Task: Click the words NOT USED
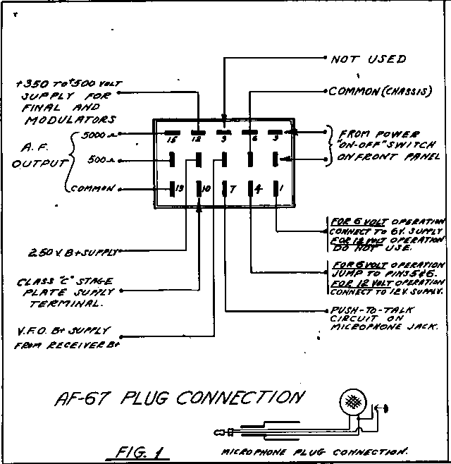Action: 369,59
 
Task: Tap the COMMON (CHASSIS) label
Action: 381,92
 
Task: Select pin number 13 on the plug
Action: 180,188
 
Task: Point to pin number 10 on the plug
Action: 205,188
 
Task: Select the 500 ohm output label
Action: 100,160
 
